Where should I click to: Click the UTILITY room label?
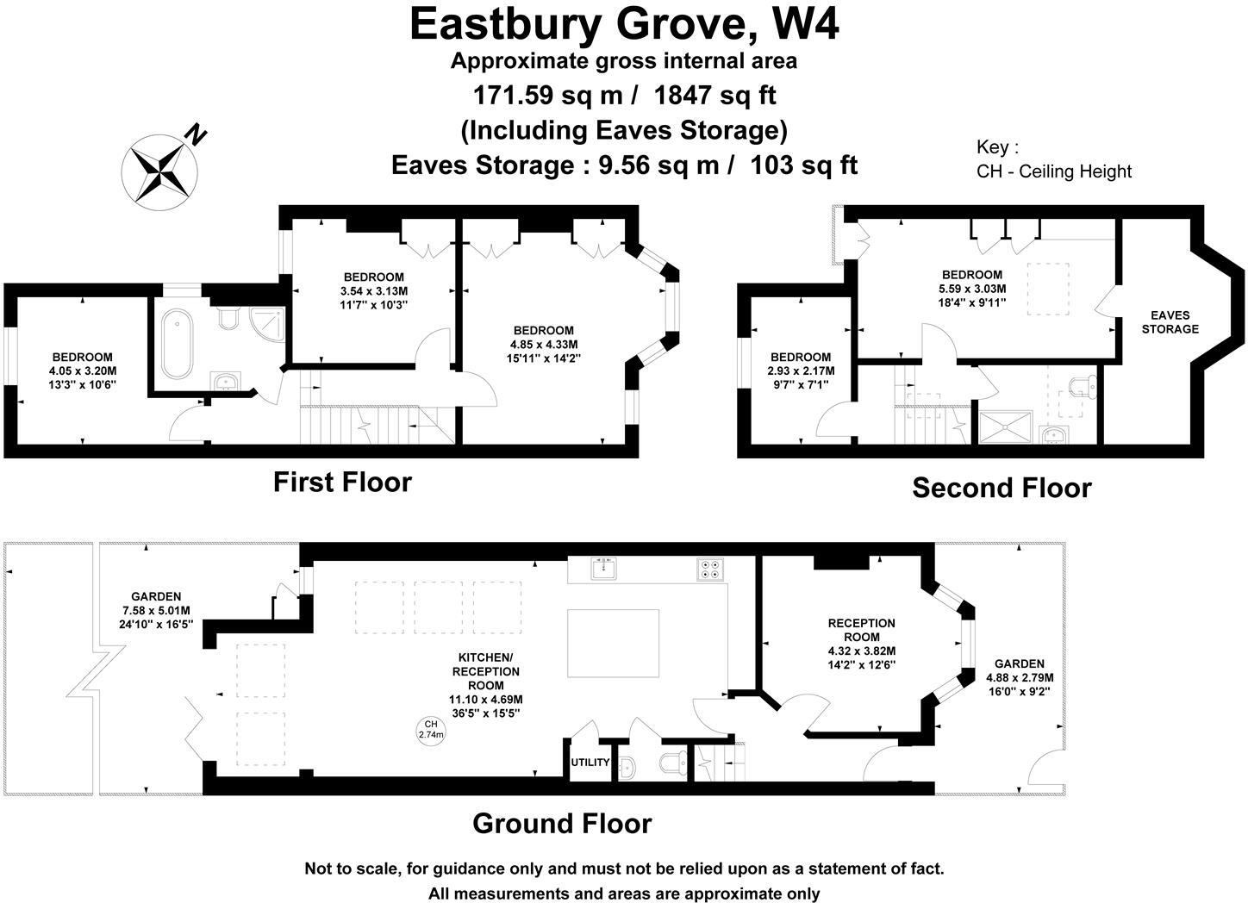click(590, 763)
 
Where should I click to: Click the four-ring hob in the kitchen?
click(711, 568)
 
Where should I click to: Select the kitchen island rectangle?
click(613, 643)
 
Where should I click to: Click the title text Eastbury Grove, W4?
click(624, 24)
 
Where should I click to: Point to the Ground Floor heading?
click(562, 824)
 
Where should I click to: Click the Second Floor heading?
click(1002, 488)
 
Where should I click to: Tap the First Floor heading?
click(342, 482)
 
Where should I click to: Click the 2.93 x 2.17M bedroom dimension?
click(801, 371)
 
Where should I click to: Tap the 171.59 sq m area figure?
click(543, 94)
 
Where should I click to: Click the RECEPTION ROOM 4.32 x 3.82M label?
click(861, 644)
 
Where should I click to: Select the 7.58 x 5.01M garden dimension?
click(156, 610)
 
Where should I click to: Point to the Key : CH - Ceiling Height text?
click(1053, 159)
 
